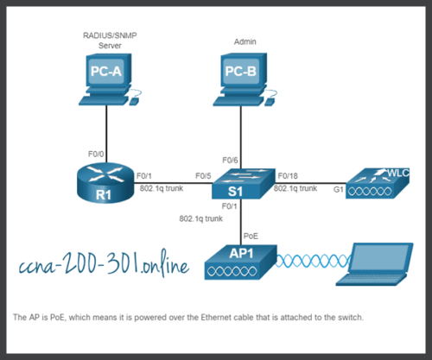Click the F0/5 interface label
coord(203,176)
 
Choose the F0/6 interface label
coord(230,160)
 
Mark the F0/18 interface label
coord(286,176)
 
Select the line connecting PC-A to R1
coord(106,125)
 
